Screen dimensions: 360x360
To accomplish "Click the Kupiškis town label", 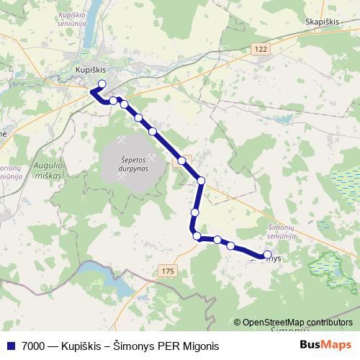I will [x=91, y=70].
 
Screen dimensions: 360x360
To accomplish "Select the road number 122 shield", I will [x=260, y=48].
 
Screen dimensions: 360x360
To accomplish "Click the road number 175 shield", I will [x=167, y=270].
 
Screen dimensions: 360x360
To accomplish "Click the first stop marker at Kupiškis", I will [x=102, y=84].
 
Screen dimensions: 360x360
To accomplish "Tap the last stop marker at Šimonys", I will [x=268, y=254].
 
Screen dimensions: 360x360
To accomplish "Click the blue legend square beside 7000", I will [x=10, y=346].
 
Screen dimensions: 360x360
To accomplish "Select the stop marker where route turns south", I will [x=201, y=181].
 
